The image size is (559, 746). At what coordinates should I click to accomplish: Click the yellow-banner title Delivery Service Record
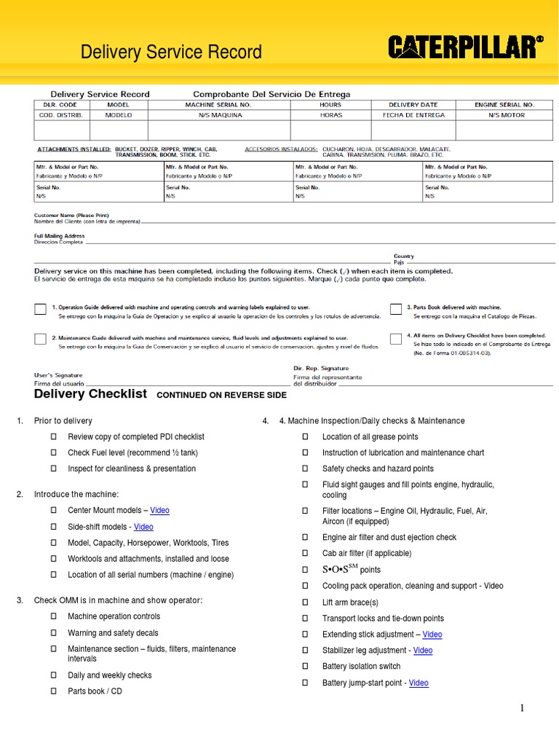[x=171, y=52]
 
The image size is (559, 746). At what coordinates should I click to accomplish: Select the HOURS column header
[x=330, y=105]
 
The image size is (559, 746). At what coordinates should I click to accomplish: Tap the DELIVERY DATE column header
[x=413, y=105]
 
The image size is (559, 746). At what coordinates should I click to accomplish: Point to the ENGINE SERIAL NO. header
[x=504, y=105]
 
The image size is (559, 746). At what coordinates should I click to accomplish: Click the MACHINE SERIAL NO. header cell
[x=208, y=105]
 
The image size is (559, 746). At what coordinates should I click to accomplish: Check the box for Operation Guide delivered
[x=40, y=310]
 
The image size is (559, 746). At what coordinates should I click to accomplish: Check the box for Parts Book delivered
[x=396, y=310]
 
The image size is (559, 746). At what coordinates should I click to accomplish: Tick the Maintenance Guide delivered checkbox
[x=40, y=339]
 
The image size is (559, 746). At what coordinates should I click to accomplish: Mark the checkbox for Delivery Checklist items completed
[x=396, y=339]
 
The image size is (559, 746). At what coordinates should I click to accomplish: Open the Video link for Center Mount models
[x=159, y=511]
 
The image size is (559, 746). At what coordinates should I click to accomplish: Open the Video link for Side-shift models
[x=143, y=527]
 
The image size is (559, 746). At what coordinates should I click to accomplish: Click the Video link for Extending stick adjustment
[x=432, y=635]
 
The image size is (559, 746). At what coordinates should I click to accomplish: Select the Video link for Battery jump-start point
[x=419, y=683]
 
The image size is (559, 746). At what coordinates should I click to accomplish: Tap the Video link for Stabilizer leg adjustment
[x=423, y=651]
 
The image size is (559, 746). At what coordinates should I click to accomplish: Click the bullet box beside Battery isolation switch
[x=306, y=667]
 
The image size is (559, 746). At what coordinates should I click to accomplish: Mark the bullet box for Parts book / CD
[x=53, y=691]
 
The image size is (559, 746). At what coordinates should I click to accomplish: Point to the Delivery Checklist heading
[x=90, y=394]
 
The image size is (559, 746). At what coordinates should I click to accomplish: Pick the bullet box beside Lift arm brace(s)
[x=306, y=602]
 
